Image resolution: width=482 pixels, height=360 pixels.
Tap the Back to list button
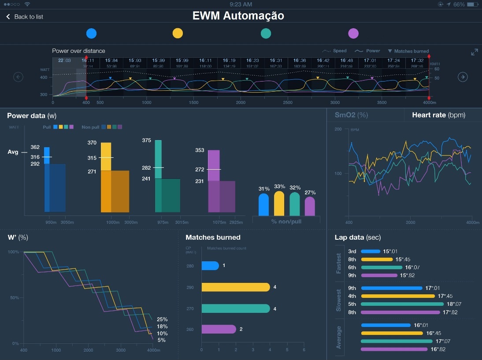coord(25,17)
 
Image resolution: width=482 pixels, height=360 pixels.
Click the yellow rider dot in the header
coord(178,33)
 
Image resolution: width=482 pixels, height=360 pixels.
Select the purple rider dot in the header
coord(353,33)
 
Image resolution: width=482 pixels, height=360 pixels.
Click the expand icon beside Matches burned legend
coord(474,52)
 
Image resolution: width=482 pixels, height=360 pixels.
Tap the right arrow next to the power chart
coord(463,77)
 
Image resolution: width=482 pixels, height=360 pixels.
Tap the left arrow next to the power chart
coord(19,77)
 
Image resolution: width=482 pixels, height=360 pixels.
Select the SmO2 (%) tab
coord(351,115)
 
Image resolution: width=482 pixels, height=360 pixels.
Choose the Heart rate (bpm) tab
coord(438,115)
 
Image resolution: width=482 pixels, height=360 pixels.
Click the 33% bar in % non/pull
coord(279,204)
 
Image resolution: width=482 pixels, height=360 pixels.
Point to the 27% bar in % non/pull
coord(310,206)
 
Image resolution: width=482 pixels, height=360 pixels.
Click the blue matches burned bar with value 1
coord(210,266)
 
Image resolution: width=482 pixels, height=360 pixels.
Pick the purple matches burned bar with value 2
coord(219,329)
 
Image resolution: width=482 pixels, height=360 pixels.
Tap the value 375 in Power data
coord(147,141)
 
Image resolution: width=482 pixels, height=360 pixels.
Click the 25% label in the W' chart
coord(162,319)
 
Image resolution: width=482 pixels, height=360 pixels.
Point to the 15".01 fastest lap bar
coord(371,252)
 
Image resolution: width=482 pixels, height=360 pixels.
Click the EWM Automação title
coord(238,16)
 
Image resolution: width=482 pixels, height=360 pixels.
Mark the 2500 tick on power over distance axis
coord(288,103)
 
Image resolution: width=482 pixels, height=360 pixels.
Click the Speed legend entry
coord(334,51)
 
